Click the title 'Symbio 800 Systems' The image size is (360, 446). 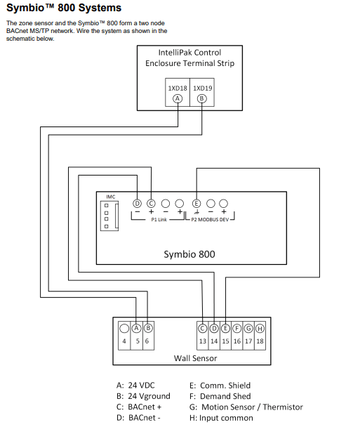(63, 8)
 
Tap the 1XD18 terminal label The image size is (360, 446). (178, 88)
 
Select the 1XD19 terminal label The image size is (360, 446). (203, 88)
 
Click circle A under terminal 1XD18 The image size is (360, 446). (178, 98)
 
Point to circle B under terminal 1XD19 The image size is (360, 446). (203, 98)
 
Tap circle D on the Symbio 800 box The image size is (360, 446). (138, 203)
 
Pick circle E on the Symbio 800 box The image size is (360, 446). (196, 203)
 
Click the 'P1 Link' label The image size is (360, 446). (159, 220)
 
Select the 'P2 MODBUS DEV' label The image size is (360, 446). (211, 220)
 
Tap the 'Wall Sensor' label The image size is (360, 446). (195, 358)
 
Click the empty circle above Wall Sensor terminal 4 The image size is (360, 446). (124, 328)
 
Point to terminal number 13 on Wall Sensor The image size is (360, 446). (202, 341)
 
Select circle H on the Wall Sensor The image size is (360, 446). (260, 328)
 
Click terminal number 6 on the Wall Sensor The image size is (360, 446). (147, 341)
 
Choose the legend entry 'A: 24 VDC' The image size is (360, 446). (137, 386)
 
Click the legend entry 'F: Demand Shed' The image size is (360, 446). (220, 396)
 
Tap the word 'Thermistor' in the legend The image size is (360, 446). (281, 407)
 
